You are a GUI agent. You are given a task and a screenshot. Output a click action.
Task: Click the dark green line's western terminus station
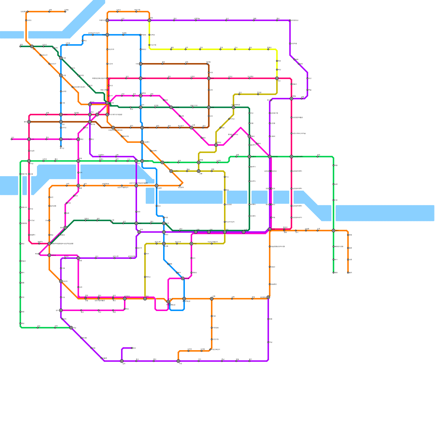[20, 46]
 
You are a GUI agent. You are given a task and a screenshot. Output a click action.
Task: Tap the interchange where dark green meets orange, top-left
[32, 46]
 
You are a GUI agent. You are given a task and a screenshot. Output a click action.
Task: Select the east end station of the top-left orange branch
[65, 12]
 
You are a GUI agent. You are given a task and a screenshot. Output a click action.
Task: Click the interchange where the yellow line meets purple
[149, 20]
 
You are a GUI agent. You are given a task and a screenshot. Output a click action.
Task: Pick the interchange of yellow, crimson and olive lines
[277, 78]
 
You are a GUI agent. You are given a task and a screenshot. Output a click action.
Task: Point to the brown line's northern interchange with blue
[141, 64]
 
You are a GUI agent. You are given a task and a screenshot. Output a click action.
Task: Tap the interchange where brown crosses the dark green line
[209, 107]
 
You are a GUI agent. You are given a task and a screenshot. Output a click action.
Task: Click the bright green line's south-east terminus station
[334, 273]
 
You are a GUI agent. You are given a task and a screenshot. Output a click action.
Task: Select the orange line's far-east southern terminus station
[348, 273]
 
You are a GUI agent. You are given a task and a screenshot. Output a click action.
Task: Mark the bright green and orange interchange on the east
[334, 231]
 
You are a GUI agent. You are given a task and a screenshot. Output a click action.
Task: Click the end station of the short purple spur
[132, 348]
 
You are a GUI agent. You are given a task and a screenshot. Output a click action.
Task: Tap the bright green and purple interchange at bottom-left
[71, 328]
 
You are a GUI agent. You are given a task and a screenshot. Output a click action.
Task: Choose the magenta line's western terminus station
[12, 139]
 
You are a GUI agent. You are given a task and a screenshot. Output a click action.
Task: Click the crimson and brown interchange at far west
[29, 122]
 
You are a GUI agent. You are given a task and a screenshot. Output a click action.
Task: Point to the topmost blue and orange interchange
[107, 35]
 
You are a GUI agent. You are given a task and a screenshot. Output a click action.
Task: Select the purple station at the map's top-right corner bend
[290, 20]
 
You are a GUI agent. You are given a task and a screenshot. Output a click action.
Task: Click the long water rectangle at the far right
[385, 213]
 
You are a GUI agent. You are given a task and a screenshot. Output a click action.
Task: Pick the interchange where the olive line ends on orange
[145, 299]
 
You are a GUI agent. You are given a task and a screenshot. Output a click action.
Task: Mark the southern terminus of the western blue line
[61, 147]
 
